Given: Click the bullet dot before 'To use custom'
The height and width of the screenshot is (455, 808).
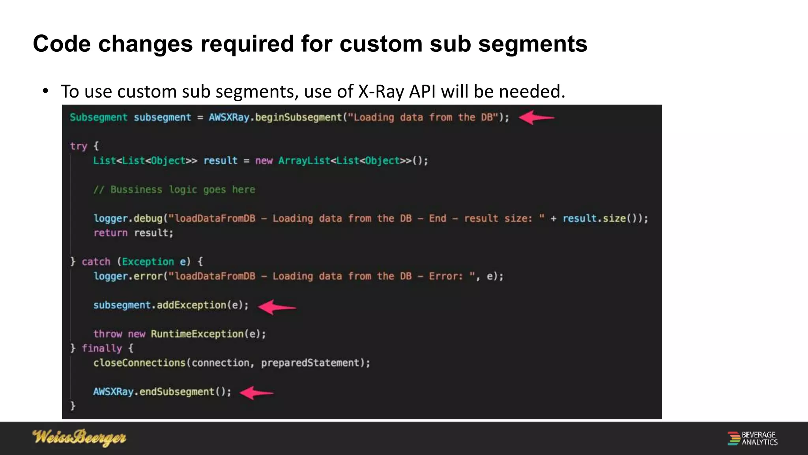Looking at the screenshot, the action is point(46,91).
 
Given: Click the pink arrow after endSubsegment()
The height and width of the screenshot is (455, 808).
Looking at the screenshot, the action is point(256,393).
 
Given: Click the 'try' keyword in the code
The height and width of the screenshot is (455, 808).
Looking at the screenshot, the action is point(79,146).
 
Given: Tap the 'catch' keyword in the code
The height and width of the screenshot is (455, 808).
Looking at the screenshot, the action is point(96,262).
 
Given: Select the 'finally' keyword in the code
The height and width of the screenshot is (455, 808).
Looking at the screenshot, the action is point(102,348).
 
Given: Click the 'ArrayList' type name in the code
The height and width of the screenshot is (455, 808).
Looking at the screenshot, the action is point(304,161).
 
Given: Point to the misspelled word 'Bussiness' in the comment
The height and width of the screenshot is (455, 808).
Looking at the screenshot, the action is point(136,190).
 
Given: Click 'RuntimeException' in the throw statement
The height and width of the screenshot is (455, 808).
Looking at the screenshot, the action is point(197,334).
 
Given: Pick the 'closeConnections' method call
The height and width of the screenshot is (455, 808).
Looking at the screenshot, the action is point(139,363).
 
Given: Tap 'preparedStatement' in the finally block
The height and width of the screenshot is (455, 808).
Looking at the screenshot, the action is point(310,363).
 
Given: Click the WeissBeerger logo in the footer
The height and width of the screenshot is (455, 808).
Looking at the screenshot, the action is point(79,438).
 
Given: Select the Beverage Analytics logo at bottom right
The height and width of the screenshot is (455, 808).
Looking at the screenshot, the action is point(752,438).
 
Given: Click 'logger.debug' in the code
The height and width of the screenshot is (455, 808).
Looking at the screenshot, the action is point(128,218).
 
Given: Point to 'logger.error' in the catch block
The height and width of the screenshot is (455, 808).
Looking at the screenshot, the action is point(128,276).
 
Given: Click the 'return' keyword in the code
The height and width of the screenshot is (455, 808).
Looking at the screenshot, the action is point(110,233).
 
